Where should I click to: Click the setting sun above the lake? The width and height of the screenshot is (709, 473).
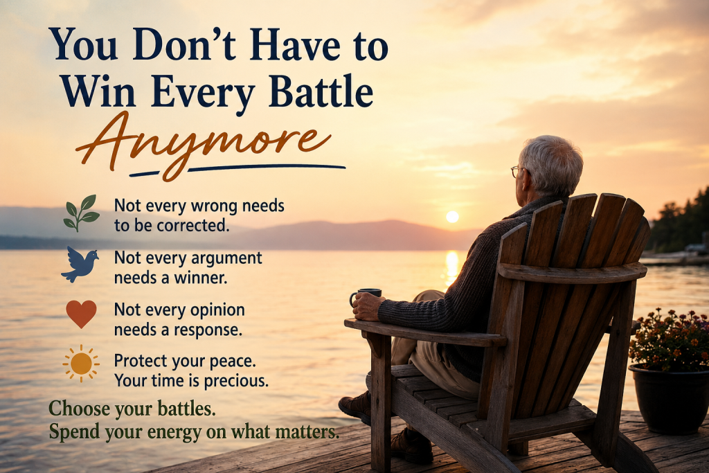[x=452, y=217]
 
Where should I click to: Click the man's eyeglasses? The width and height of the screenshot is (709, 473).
[x=518, y=171]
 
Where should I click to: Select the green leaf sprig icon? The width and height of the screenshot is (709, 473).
[x=82, y=213]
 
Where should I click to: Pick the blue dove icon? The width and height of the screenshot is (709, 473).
[x=80, y=265]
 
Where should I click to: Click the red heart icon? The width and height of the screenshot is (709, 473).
[x=82, y=314]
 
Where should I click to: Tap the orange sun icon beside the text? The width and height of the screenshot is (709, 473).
[x=81, y=363]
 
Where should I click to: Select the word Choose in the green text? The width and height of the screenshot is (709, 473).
[x=79, y=409]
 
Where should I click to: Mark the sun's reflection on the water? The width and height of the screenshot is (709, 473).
[x=451, y=267]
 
